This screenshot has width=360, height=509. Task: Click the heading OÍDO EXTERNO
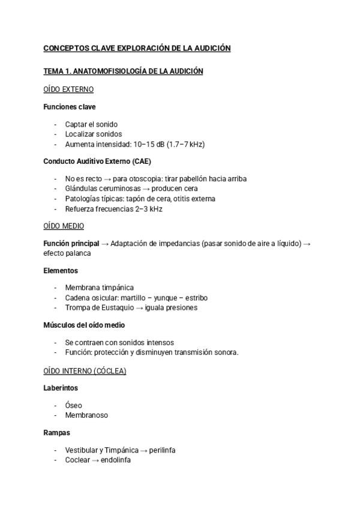[68, 89]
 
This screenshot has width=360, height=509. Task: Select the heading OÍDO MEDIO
[64, 226]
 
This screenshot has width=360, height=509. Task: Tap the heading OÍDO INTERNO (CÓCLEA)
[85, 371]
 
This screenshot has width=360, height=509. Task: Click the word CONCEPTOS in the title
[64, 48]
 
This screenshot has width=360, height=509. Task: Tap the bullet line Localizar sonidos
[93, 134]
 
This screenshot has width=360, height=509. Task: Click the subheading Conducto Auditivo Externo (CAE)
[97, 161]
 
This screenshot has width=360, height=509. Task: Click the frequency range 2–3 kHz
[146, 209]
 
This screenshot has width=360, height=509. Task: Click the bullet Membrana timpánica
[99, 288]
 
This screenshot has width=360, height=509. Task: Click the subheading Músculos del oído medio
[84, 325]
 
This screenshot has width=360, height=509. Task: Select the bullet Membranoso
[86, 415]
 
